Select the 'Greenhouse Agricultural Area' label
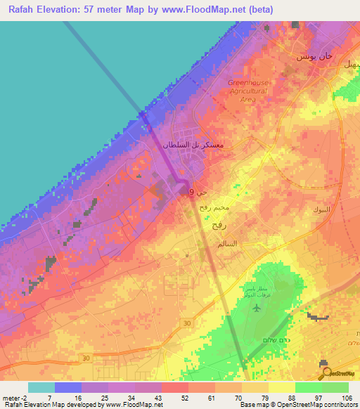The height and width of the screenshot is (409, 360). coord(247,91)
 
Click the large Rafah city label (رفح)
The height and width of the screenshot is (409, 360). coord(217,228)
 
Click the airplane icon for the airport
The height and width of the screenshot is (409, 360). coord(255,309)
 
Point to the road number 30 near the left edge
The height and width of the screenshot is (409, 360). coord(84,358)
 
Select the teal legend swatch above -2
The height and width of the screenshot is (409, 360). coord(41,387)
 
